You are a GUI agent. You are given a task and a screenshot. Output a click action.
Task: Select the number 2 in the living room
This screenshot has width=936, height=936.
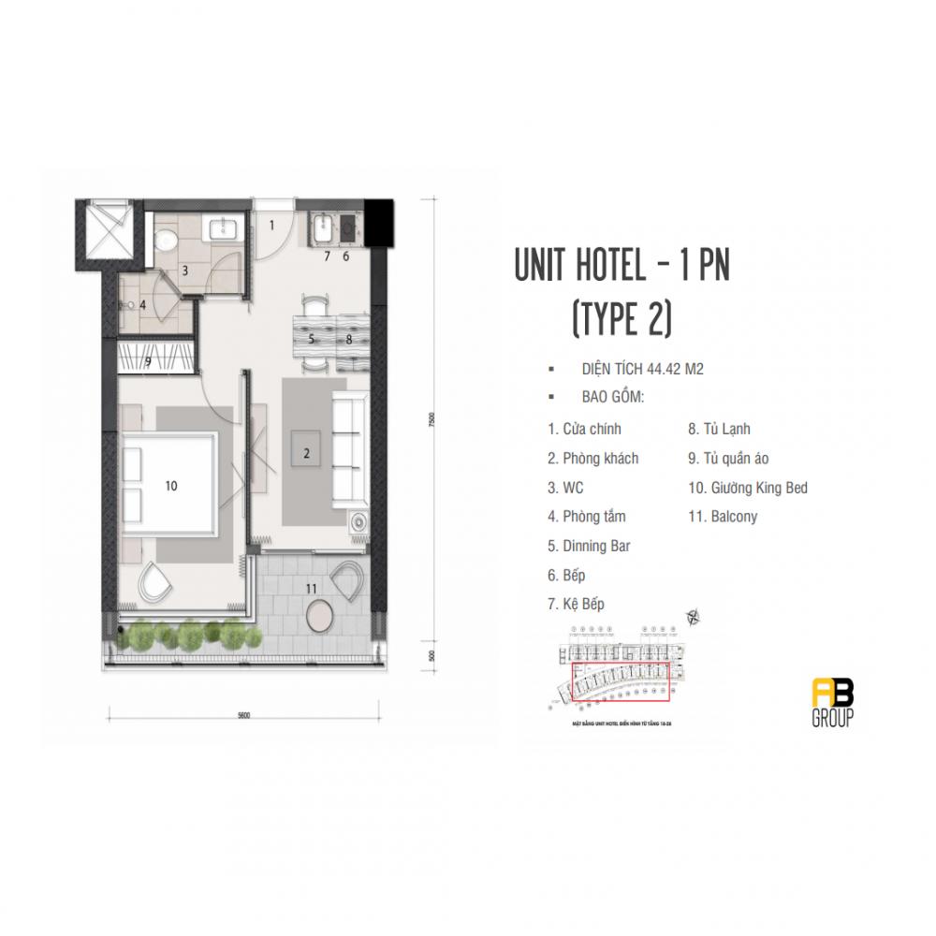(x=305, y=454)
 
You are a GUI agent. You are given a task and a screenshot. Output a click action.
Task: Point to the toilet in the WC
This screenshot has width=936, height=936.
(x=167, y=240)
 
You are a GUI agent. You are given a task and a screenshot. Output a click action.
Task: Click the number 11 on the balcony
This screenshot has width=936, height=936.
(x=311, y=588)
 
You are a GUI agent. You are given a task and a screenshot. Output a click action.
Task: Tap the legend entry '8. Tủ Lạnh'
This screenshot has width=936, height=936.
(x=719, y=430)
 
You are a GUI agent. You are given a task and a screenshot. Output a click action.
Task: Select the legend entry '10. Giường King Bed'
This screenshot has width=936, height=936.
(x=747, y=488)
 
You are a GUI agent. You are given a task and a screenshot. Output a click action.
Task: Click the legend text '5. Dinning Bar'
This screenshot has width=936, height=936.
(x=589, y=546)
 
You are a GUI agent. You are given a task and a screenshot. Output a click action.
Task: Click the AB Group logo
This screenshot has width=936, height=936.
(x=832, y=703)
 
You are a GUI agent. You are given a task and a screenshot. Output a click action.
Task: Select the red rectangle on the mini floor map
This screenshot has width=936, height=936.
(x=621, y=682)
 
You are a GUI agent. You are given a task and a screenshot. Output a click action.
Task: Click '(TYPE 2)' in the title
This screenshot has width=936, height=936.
(x=622, y=319)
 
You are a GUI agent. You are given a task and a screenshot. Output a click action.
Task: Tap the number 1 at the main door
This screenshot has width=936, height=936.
(x=272, y=225)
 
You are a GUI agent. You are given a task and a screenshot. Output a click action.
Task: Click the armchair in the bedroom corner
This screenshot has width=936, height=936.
(x=154, y=582)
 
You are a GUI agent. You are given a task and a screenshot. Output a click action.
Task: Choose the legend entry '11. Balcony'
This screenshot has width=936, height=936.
(x=722, y=517)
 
